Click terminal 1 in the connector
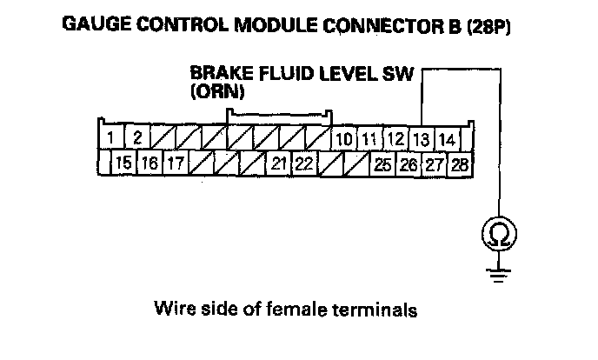(x=111, y=137)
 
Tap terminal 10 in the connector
(x=343, y=138)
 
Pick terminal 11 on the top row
(x=369, y=138)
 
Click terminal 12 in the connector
(x=395, y=138)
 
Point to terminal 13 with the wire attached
(x=421, y=138)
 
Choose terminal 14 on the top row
(x=447, y=138)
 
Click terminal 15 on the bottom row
(x=123, y=163)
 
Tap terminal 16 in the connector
(x=149, y=163)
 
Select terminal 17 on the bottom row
(x=175, y=163)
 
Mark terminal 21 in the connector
(x=278, y=163)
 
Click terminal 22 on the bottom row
(x=304, y=163)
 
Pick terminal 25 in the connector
(x=382, y=163)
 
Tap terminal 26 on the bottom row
(x=408, y=163)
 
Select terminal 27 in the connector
(x=434, y=163)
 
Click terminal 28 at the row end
(x=459, y=163)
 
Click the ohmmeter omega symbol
(x=499, y=233)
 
